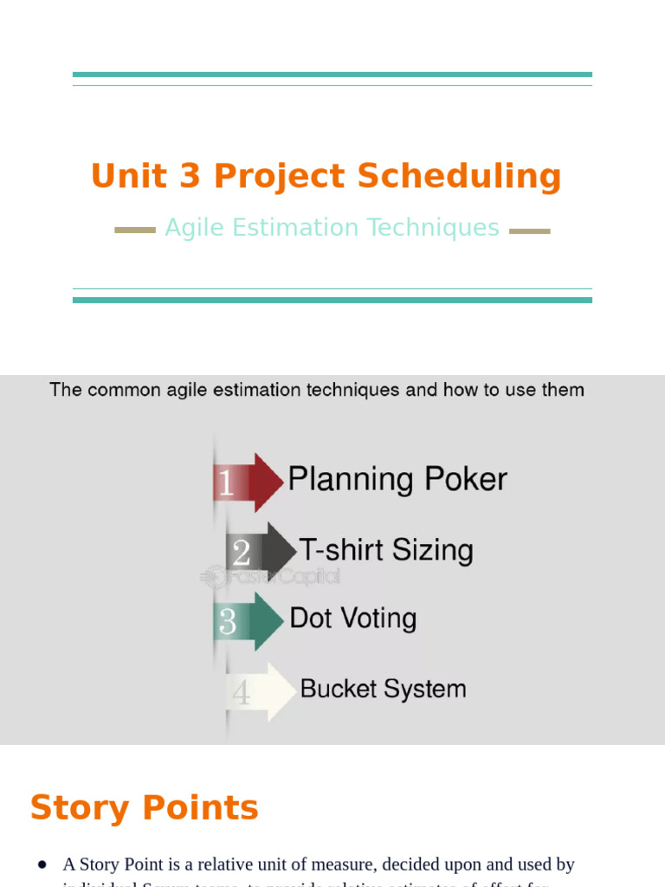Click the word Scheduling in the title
tap(459, 177)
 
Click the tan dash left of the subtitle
tap(135, 230)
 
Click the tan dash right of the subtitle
tap(529, 231)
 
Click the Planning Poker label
tap(397, 479)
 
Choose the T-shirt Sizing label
tap(386, 550)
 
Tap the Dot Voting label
tap(353, 618)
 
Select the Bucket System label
tap(383, 690)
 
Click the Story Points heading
tap(145, 808)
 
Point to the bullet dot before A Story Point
tap(42, 864)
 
